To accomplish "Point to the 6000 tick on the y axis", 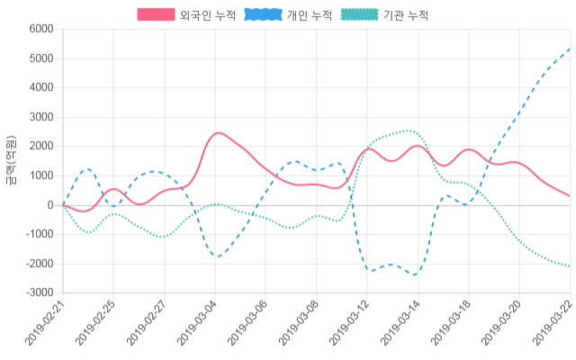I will click(x=40, y=30).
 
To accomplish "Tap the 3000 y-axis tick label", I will click(x=40, y=118).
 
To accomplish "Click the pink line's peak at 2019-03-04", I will click(x=216, y=133).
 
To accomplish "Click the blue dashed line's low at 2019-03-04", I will click(x=216, y=256).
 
